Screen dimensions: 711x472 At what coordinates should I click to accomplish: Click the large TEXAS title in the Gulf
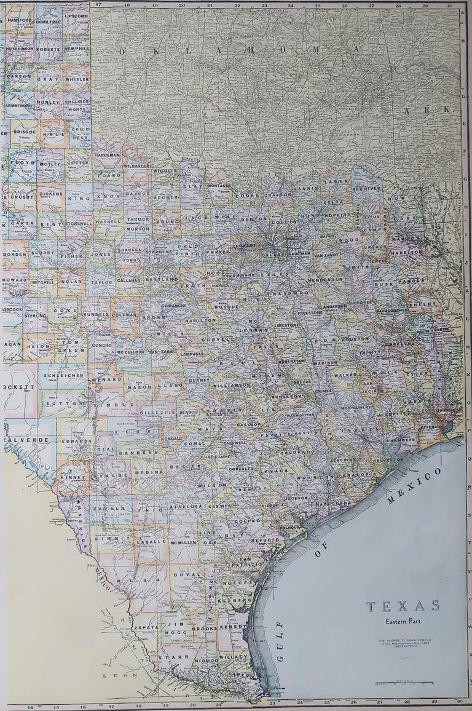pyautogui.click(x=403, y=606)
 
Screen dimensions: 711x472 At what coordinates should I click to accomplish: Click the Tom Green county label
pyautogui.click(x=73, y=346)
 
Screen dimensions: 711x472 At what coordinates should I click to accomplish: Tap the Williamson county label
pyautogui.click(x=231, y=385)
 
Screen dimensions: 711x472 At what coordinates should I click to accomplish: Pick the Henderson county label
pyautogui.click(x=326, y=279)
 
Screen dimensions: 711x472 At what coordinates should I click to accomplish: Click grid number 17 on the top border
pyautogui.click(x=98, y=4)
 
